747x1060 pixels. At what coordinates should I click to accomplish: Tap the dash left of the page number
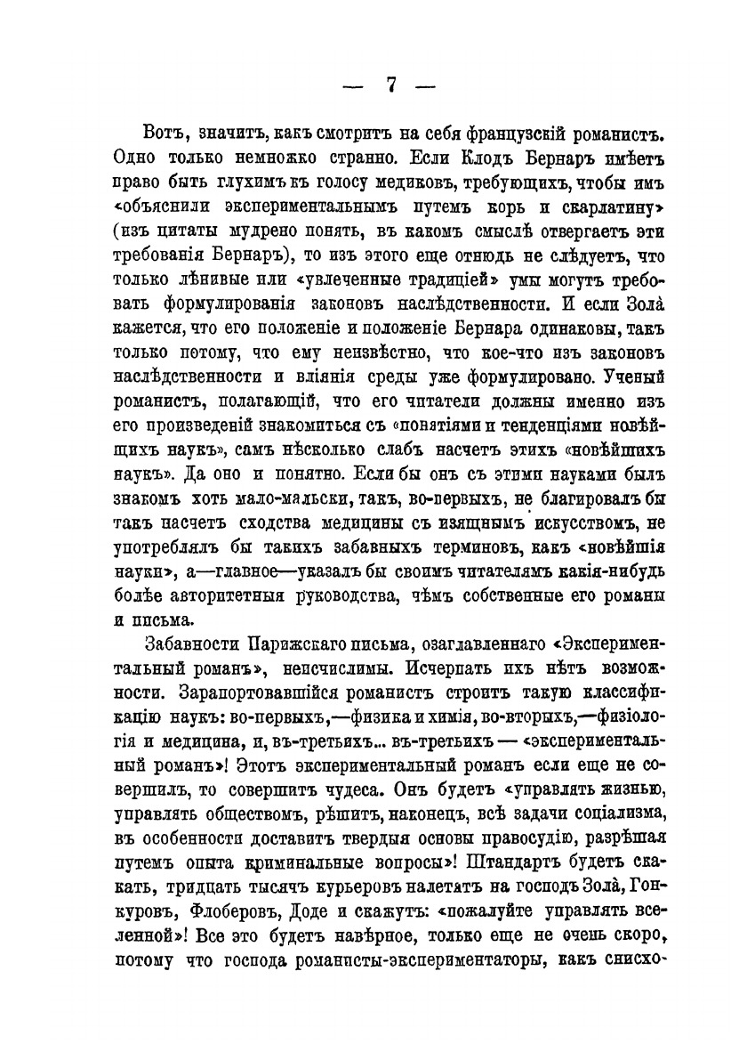pyautogui.click(x=354, y=88)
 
